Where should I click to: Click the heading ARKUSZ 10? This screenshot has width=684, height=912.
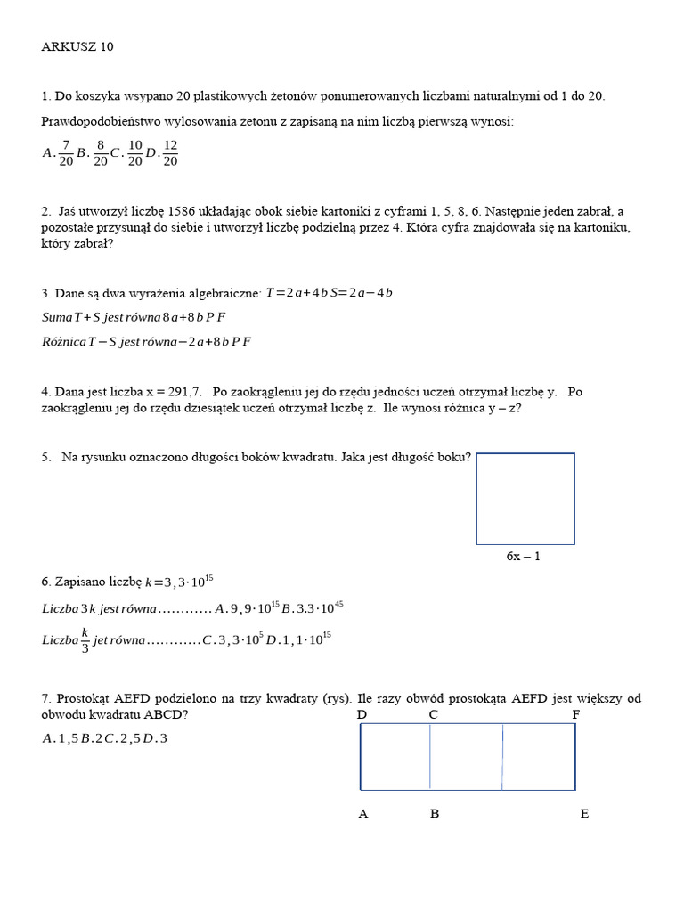77,47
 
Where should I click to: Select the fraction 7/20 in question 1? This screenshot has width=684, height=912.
66,152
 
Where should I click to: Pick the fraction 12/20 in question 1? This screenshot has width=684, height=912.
171,152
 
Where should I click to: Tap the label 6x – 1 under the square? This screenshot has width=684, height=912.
524,556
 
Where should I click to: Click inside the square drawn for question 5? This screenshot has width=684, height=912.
525,498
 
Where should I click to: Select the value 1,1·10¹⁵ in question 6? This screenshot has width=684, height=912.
306,639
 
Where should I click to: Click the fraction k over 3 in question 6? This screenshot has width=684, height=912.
85,639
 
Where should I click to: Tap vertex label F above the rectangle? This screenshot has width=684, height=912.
576,714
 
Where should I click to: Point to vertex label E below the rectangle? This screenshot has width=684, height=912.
584,813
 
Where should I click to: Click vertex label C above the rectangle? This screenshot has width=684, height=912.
433,714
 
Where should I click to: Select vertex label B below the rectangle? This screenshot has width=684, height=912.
435,813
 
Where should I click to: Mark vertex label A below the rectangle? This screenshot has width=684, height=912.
363,813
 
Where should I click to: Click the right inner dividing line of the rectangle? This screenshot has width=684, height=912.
503,756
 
